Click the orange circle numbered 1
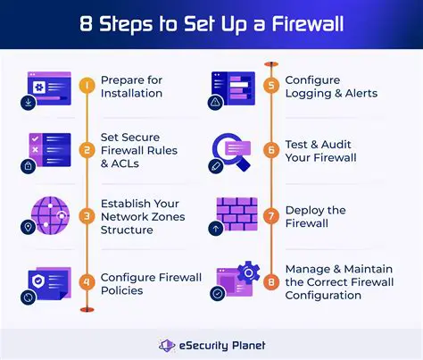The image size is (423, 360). (x=87, y=86)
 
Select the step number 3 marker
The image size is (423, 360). (x=87, y=215)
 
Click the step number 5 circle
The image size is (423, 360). (x=271, y=86)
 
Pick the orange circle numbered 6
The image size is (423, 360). (x=271, y=150)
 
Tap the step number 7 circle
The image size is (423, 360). (x=271, y=215)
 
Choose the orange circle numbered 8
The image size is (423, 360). (x=271, y=280)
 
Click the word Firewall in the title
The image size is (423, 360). (x=307, y=21)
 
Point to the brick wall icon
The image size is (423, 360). (x=236, y=211)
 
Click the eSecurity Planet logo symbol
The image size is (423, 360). (x=165, y=344)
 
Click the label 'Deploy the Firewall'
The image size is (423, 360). (x=315, y=216)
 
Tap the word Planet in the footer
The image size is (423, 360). (x=243, y=344)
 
